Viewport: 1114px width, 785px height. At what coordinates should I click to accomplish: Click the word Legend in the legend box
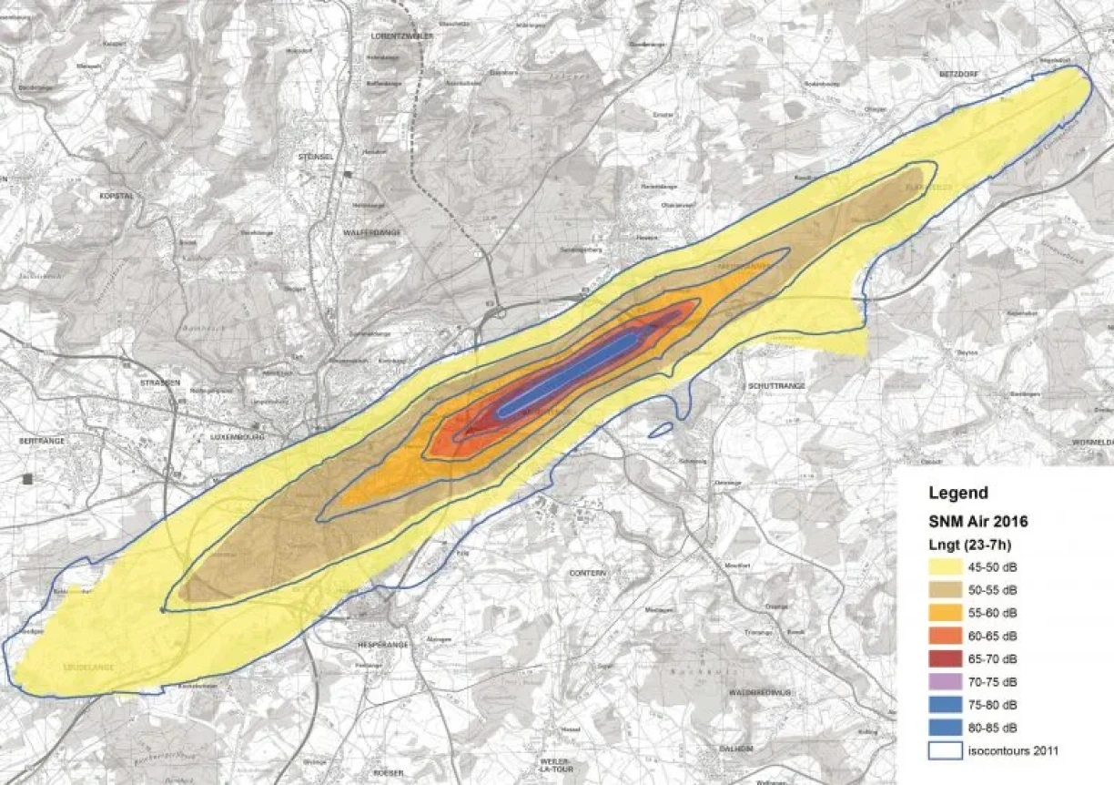tap(957, 494)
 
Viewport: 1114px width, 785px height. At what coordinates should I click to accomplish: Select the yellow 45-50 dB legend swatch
tap(950, 566)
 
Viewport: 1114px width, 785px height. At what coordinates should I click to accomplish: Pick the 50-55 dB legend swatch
tap(950, 589)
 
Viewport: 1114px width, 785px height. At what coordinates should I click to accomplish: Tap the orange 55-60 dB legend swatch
tap(950, 612)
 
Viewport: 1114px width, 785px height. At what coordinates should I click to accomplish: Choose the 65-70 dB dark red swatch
tap(950, 658)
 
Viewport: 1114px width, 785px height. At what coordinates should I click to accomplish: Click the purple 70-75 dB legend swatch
tap(950, 681)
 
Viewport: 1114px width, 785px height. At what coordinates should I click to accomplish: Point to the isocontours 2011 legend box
tap(950, 751)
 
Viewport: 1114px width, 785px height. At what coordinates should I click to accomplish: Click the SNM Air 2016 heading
tap(978, 522)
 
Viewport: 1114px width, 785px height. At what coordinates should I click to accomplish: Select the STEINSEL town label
tap(312, 157)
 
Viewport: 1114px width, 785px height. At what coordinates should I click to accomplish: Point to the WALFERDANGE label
tap(372, 232)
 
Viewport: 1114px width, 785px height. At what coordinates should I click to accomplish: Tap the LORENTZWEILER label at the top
tap(402, 35)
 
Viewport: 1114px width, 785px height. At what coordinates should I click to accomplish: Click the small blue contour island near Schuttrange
tap(661, 428)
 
